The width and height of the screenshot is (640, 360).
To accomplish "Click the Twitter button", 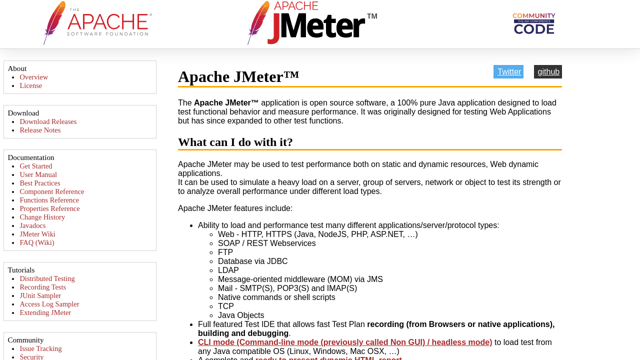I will pyautogui.click(x=508, y=72).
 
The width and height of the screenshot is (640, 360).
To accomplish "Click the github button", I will pyautogui.click(x=548, y=72).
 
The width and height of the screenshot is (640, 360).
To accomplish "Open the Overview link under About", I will pyautogui.click(x=34, y=77).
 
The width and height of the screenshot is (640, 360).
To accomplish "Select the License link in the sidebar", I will pyautogui.click(x=31, y=85).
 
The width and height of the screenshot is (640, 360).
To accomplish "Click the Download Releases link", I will pyautogui.click(x=48, y=121).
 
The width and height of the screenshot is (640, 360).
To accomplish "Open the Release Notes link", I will pyautogui.click(x=40, y=130).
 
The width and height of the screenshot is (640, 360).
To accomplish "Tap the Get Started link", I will pyautogui.click(x=36, y=166).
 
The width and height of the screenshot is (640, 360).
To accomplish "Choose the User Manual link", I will pyautogui.click(x=38, y=174).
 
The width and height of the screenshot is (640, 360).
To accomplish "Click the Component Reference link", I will pyautogui.click(x=52, y=191).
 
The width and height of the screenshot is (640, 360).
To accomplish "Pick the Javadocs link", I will pyautogui.click(x=32, y=225).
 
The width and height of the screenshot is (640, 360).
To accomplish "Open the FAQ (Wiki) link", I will pyautogui.click(x=37, y=242).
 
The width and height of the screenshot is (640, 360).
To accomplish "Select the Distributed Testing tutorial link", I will pyautogui.click(x=47, y=278).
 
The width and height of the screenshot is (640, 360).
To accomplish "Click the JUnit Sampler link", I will pyautogui.click(x=40, y=295).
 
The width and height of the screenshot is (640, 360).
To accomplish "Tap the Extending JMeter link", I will pyautogui.click(x=45, y=312).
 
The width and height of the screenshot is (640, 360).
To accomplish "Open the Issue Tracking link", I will pyautogui.click(x=41, y=348).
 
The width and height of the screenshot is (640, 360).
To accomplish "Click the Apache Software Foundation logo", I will pyautogui.click(x=98, y=23).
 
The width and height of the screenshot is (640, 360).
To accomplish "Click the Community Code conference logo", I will pyautogui.click(x=533, y=23).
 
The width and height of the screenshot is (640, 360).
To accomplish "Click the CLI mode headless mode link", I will pyautogui.click(x=345, y=342).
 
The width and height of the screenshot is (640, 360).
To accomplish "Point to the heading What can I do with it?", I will pyautogui.click(x=235, y=142).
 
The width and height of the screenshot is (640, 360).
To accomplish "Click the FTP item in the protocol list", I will pyautogui.click(x=225, y=252).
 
